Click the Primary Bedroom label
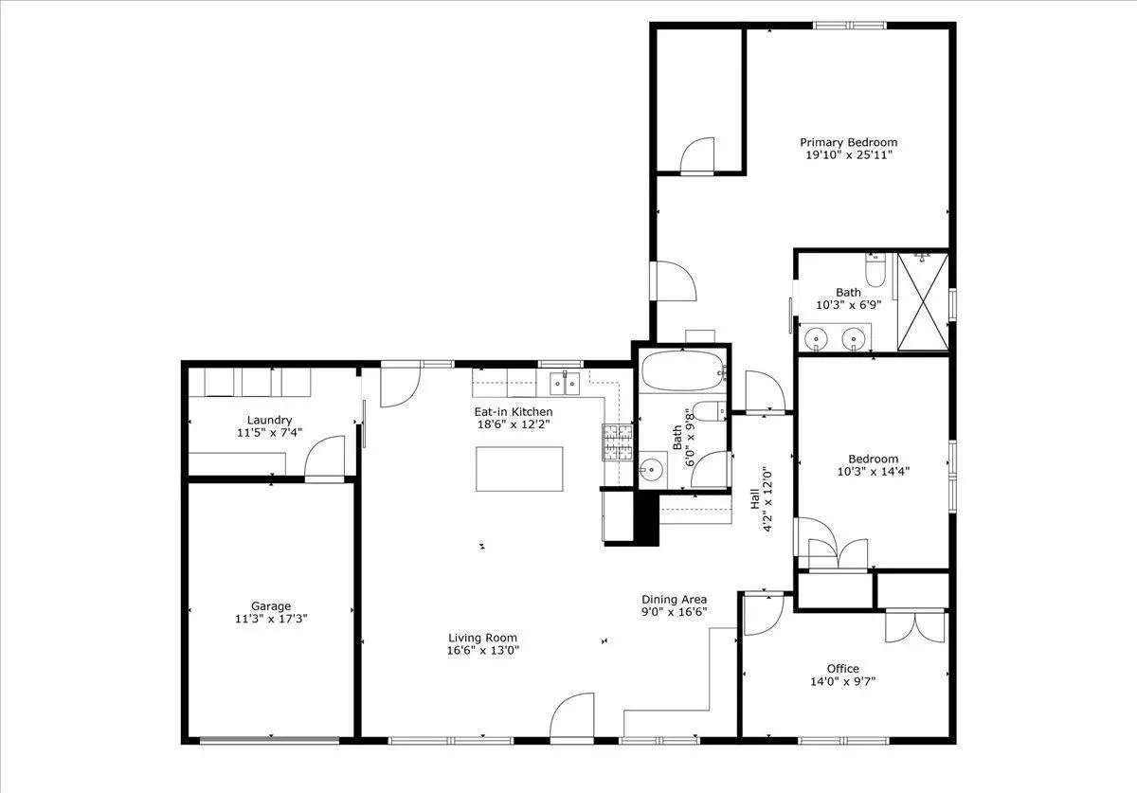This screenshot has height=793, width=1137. (x=849, y=142)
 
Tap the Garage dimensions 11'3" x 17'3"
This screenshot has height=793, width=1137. (x=271, y=619)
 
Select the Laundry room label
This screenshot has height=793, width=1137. (x=269, y=421)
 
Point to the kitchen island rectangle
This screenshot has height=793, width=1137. (x=519, y=469)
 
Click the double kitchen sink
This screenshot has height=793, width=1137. (x=565, y=384)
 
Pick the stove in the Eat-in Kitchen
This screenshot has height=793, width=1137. (x=618, y=442)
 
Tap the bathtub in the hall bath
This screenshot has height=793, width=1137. (x=683, y=371)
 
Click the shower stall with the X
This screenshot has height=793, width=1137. (x=923, y=302)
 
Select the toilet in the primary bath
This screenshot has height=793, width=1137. (x=875, y=270)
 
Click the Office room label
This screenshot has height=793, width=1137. (x=842, y=669)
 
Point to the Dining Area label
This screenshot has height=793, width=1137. (x=674, y=600)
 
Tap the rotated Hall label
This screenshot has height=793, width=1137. (x=755, y=498)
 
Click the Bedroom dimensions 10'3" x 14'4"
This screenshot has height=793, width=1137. (x=873, y=472)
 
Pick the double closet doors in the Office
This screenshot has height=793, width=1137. (x=915, y=625)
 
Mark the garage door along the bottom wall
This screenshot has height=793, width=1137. (x=269, y=740)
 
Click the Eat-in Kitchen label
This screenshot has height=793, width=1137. (x=514, y=412)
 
